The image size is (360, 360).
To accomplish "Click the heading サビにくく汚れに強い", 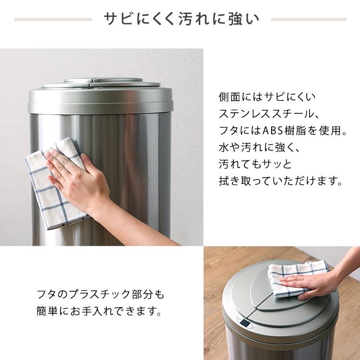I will coord(181,20).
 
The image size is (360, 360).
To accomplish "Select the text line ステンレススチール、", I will coord(268,114).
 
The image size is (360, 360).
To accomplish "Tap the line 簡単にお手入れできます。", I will coord(98,312).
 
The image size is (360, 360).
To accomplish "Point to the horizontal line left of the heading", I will coord(53,20).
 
